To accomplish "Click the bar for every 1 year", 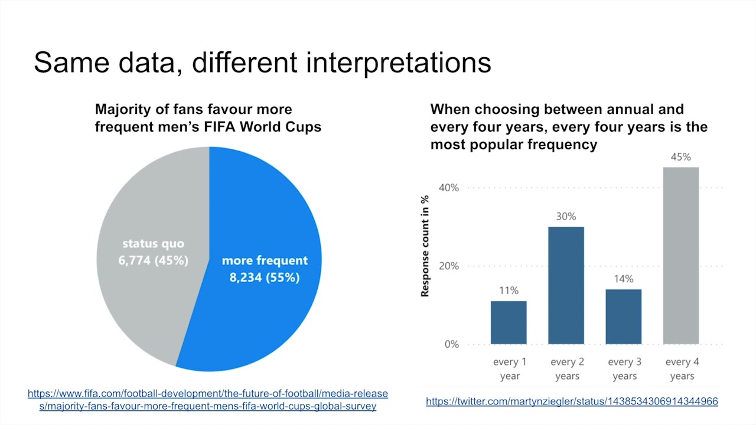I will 509,322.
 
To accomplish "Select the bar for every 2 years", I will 566,285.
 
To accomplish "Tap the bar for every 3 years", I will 624,316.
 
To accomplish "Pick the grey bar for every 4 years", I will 681,256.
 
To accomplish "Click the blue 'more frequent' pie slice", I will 266,307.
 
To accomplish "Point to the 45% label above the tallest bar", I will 681,157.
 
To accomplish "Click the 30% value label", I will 566,217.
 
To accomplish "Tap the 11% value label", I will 509,290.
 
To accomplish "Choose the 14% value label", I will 624,279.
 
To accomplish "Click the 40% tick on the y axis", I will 448,188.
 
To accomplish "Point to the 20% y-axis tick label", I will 448,266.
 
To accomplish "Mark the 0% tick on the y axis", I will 452,344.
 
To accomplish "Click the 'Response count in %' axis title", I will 425,246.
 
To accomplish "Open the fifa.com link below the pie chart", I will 208,400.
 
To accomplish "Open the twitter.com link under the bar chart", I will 572,401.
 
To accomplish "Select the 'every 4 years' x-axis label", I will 682,369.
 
